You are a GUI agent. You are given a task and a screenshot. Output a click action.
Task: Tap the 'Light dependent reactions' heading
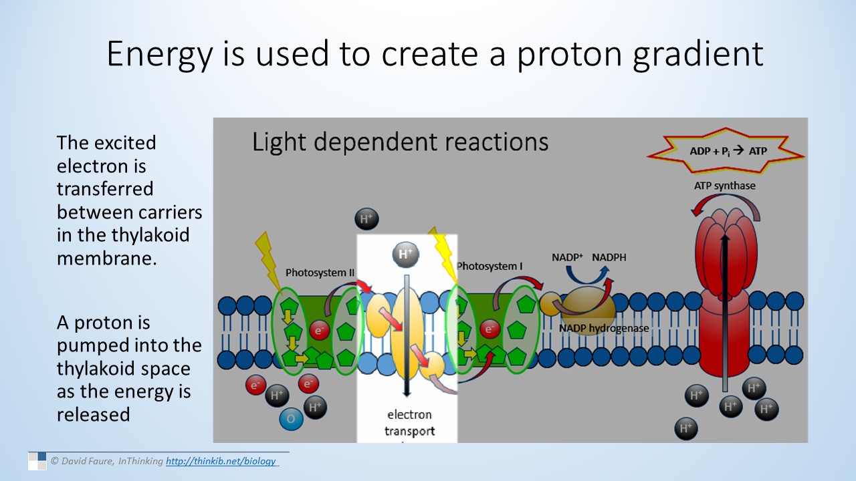click(x=400, y=142)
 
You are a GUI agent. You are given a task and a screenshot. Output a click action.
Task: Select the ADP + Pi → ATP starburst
click(x=728, y=151)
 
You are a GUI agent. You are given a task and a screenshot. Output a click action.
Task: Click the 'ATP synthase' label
click(x=724, y=186)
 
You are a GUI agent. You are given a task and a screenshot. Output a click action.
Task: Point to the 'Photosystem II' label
click(x=320, y=273)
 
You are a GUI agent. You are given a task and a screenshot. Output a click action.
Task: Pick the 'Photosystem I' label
click(x=490, y=267)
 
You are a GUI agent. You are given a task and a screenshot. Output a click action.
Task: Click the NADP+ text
click(x=568, y=257)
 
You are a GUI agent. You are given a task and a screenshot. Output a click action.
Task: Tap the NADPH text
click(x=609, y=257)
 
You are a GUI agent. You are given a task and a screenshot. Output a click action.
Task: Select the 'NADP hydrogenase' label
click(x=604, y=328)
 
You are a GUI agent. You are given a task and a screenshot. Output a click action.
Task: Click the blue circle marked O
click(x=291, y=419)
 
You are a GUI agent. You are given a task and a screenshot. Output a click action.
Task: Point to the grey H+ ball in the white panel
click(x=406, y=254)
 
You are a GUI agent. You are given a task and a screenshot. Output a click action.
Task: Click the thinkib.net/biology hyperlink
click(x=221, y=461)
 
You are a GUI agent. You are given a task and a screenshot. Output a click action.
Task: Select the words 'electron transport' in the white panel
click(x=409, y=423)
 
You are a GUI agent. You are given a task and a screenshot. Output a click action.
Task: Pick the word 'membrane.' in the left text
click(x=107, y=258)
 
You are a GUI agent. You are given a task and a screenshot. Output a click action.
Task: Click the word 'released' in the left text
click(x=93, y=414)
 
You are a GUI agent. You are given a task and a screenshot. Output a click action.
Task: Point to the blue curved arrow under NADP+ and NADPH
click(x=588, y=273)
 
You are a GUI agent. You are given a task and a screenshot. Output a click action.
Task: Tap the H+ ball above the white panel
click(x=366, y=218)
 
